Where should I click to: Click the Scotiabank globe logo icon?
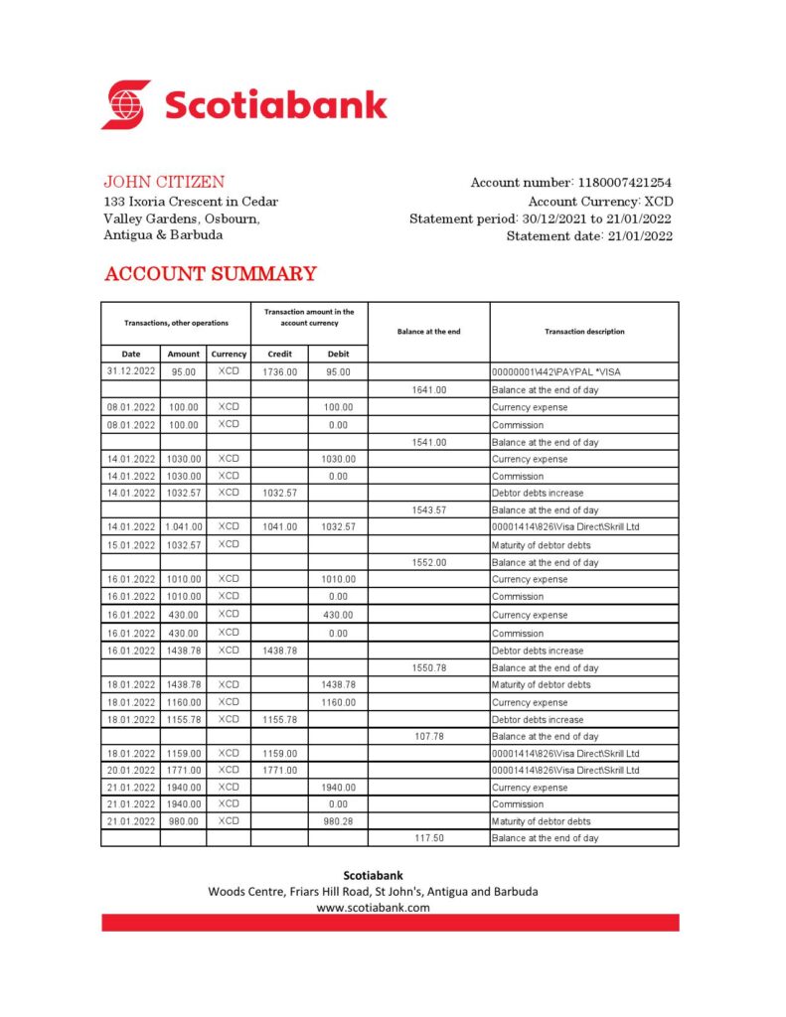point(126,105)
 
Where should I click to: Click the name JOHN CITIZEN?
point(164,183)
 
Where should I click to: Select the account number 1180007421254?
point(623,183)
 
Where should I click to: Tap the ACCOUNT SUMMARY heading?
point(211,274)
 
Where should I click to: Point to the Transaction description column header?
point(584,332)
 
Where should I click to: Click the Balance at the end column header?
point(428,332)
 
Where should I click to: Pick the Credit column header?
point(279,354)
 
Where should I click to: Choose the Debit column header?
point(338,354)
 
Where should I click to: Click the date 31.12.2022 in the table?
point(131,372)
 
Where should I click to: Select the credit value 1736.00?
point(279,372)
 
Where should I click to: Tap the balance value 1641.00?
point(428,390)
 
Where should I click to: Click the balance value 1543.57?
point(428,510)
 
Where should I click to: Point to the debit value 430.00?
point(338,615)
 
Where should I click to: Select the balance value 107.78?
point(428,737)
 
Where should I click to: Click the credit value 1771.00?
point(279,770)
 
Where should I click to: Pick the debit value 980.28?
point(338,821)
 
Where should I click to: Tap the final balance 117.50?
point(428,838)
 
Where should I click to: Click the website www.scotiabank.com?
point(373,908)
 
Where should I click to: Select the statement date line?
point(589,236)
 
